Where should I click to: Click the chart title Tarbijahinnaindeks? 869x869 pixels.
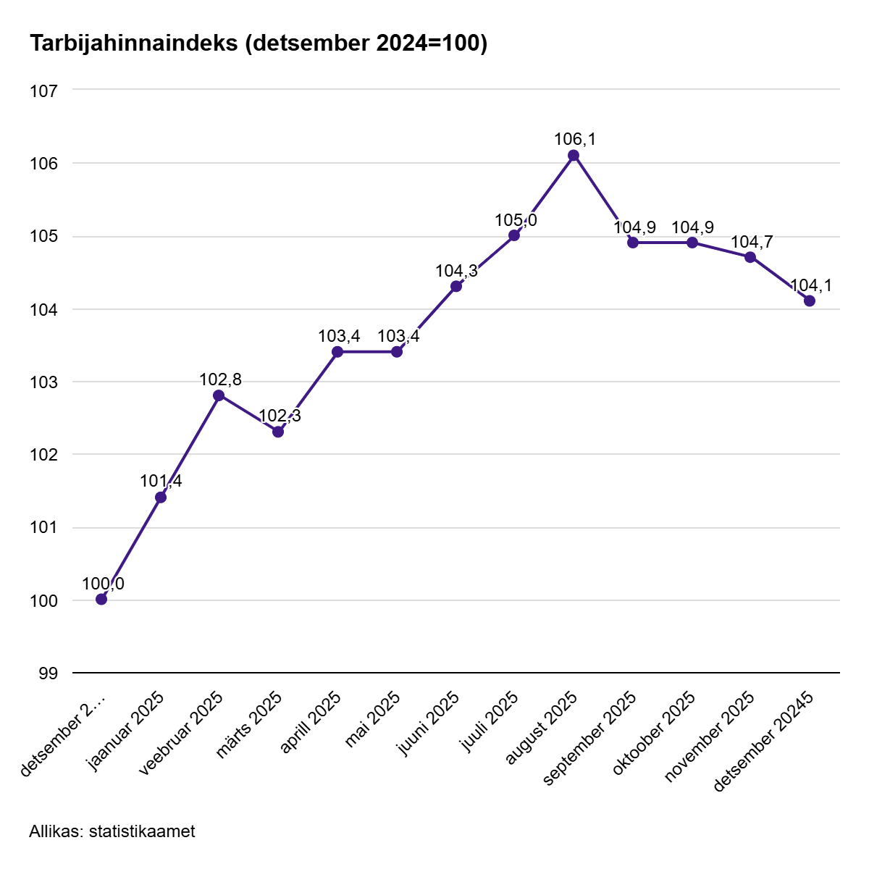(x=258, y=44)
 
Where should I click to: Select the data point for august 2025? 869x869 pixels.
(x=574, y=156)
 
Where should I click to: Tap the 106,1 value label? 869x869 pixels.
(x=575, y=139)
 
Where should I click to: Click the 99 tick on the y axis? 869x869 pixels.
(x=48, y=673)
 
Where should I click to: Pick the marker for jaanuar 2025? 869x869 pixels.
(x=161, y=498)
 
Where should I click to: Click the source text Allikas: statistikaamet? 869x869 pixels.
(x=112, y=831)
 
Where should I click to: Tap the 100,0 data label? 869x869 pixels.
(x=103, y=584)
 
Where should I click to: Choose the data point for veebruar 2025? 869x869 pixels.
(x=219, y=395)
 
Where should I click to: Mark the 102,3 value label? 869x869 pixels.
(x=280, y=416)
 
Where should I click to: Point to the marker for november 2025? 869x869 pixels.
(x=750, y=258)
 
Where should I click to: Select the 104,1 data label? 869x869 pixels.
(x=810, y=285)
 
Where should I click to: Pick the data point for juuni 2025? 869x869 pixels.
(x=456, y=287)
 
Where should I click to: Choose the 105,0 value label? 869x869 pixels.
(x=516, y=220)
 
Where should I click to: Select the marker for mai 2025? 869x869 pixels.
(x=397, y=352)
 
